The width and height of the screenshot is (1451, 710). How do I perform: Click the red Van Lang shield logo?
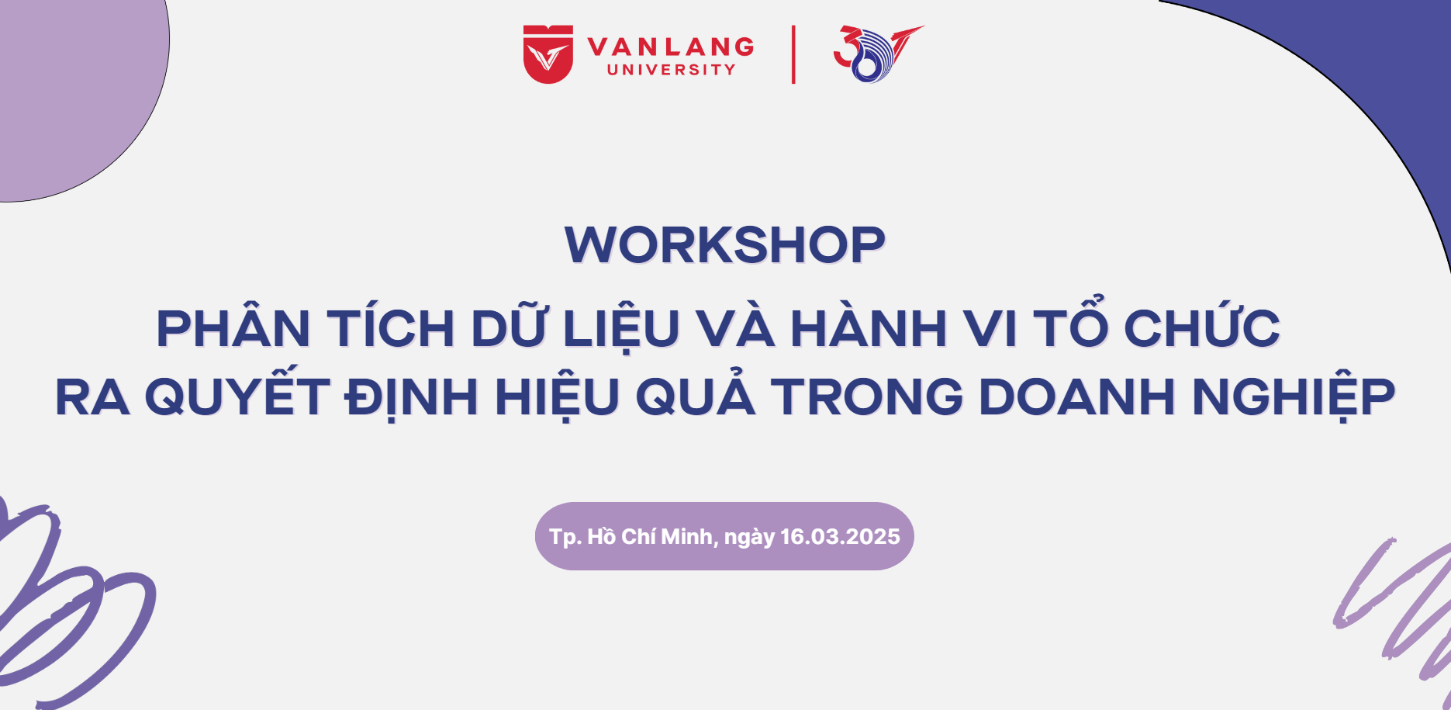coord(548,54)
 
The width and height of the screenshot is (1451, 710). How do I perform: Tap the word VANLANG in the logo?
coord(671,47)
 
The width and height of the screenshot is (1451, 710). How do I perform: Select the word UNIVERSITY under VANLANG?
coord(672,70)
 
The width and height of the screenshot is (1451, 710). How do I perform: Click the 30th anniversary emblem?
coord(878,54)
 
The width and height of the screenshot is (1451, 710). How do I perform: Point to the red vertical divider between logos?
coord(793,54)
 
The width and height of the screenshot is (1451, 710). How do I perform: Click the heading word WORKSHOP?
coord(725,245)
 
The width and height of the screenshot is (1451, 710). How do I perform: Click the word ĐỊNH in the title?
coord(412,397)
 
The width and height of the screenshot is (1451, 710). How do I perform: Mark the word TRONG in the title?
coord(867,397)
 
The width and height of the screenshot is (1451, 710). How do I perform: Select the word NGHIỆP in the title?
coord(1294,397)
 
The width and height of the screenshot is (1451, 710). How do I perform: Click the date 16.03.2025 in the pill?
coord(840,537)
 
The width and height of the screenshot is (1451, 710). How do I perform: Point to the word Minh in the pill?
coord(689,537)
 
